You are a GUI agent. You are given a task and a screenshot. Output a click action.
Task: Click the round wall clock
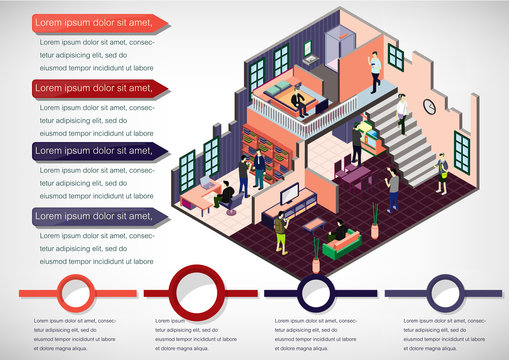(x=429, y=106)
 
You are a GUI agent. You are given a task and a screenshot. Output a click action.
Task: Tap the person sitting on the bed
(x=297, y=99)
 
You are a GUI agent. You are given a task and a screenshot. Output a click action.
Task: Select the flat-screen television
(x=290, y=193)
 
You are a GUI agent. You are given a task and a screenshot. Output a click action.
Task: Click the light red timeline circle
(x=75, y=293)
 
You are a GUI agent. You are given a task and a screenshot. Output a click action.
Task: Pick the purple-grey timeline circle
(x=444, y=293)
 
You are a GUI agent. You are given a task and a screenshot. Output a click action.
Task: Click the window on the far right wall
(x=461, y=151)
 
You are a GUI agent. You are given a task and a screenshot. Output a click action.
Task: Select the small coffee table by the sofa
(x=315, y=223)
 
